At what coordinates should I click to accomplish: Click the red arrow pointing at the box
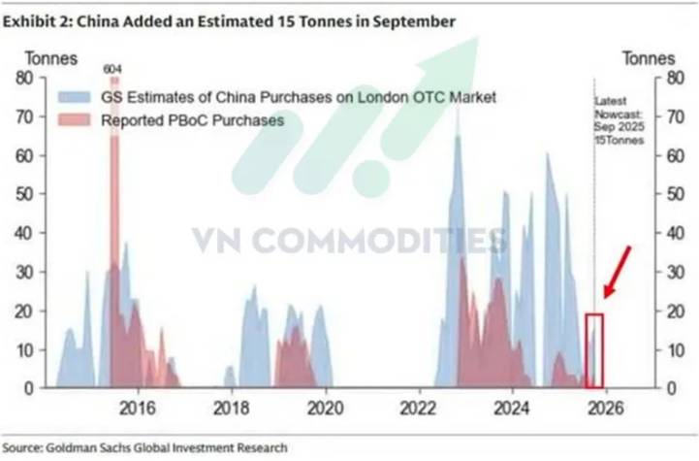tap(617, 272)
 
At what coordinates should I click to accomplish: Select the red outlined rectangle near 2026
tap(594, 349)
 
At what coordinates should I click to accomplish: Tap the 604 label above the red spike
tap(114, 69)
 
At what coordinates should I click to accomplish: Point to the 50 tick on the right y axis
tap(668, 194)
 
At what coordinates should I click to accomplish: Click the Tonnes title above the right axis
tap(649, 58)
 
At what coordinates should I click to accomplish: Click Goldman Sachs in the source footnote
tap(88, 447)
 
